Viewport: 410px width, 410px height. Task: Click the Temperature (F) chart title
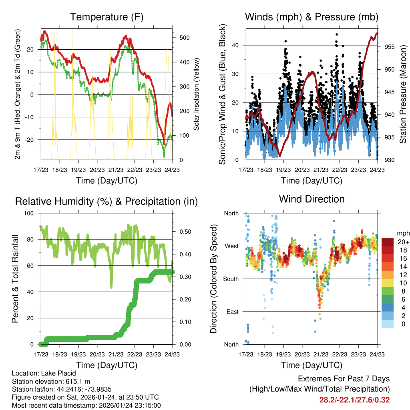point(107,17)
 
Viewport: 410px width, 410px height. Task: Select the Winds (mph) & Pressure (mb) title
point(312,17)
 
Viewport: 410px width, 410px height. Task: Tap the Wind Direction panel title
point(312,199)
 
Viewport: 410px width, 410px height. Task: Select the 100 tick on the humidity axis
point(30,213)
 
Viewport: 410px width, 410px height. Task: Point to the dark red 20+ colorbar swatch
point(388,241)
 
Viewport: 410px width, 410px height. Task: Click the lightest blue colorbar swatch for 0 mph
point(388,324)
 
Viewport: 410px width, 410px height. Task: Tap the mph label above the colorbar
point(402,233)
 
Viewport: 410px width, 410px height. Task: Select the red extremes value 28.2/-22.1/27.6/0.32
point(354,400)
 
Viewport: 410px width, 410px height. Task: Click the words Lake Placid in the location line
point(58,374)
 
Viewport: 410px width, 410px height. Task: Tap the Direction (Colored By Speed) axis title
point(214,279)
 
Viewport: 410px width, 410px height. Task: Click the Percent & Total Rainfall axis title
point(15,279)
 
